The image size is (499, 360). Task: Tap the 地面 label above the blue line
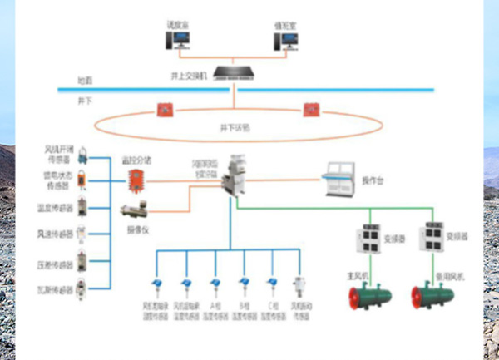coord(85,81)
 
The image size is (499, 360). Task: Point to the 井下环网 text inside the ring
coord(234,128)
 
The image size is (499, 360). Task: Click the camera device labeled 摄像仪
coord(134,210)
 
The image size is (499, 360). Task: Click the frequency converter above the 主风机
coord(369,236)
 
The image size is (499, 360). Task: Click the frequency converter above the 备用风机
coord(432,236)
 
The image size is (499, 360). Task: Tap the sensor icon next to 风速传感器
coord(82,234)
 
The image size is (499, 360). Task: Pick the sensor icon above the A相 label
coord(215,287)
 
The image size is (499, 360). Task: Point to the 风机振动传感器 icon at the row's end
coord(297,287)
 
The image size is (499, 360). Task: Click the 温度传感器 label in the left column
coord(55,206)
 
